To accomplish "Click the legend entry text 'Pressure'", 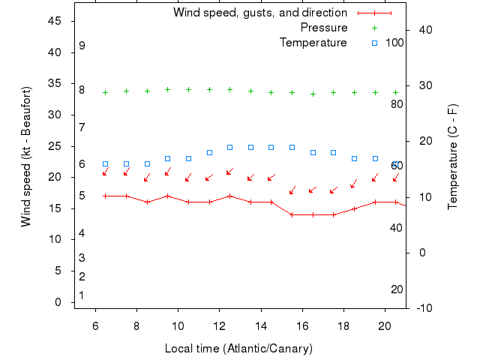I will [x=324, y=28].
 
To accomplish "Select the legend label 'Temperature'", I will [x=313, y=43].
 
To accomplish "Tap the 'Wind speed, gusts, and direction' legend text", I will [x=260, y=13].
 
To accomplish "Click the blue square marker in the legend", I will [x=374, y=43].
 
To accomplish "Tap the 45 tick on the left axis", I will [x=55, y=21].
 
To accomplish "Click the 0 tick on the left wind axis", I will [x=58, y=302].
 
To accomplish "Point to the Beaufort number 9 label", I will [x=82, y=46].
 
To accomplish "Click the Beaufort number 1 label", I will [x=82, y=295].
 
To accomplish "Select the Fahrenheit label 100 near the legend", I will [x=394, y=43].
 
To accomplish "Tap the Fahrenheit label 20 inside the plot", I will [x=397, y=289].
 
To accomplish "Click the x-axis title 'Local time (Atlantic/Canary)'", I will [x=238, y=349].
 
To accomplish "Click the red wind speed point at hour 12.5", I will [x=229, y=196].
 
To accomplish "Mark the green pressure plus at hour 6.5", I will [x=105, y=93].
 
